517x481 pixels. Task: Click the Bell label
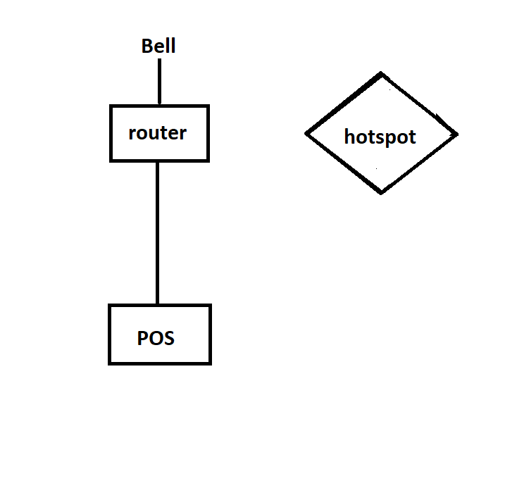pyautogui.click(x=158, y=46)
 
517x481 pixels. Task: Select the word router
pyautogui.click(x=158, y=133)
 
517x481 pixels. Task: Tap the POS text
pyautogui.click(x=156, y=338)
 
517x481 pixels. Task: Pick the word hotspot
pyautogui.click(x=380, y=137)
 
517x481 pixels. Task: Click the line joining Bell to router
pyautogui.click(x=160, y=82)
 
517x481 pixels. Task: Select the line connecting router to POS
pyautogui.click(x=158, y=232)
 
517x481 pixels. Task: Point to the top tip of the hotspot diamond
pyautogui.click(x=381, y=73)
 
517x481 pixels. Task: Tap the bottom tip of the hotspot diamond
pyautogui.click(x=381, y=194)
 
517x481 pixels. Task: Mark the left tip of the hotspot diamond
pyautogui.click(x=305, y=134)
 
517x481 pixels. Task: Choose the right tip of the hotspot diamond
pyautogui.click(x=458, y=135)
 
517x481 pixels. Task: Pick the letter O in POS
pyautogui.click(x=155, y=338)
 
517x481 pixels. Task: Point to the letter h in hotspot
pyautogui.click(x=349, y=136)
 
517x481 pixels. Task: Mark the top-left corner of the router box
pyautogui.click(x=111, y=106)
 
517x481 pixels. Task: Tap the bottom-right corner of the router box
pyautogui.click(x=208, y=161)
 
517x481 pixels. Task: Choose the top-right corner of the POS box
pyautogui.click(x=210, y=305)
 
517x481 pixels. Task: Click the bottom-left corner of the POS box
pyautogui.click(x=109, y=363)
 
